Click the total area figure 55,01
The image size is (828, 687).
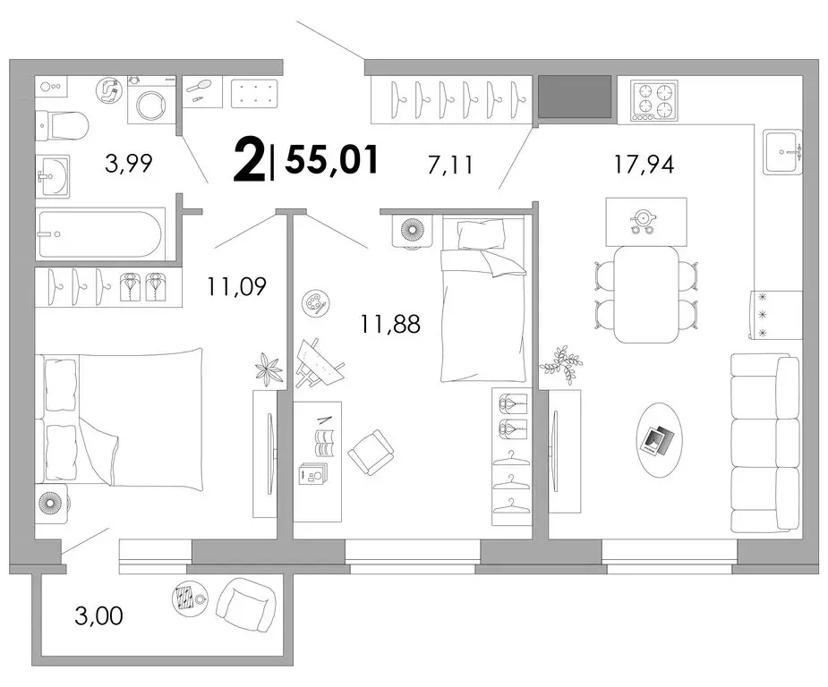click(332, 159)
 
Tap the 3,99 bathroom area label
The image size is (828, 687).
click(128, 163)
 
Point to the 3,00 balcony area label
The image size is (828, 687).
click(98, 615)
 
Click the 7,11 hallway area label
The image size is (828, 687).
click(450, 165)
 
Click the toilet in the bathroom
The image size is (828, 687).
click(62, 126)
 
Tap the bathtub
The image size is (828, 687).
click(100, 233)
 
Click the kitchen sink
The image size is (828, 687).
click(783, 151)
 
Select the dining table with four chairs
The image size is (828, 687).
click(647, 294)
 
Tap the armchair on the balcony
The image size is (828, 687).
click(246, 606)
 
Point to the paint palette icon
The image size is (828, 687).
click(315, 303)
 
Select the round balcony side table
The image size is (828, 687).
click(188, 599)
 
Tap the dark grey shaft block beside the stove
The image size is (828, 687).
click(575, 96)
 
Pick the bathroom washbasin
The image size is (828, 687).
click(52, 176)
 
